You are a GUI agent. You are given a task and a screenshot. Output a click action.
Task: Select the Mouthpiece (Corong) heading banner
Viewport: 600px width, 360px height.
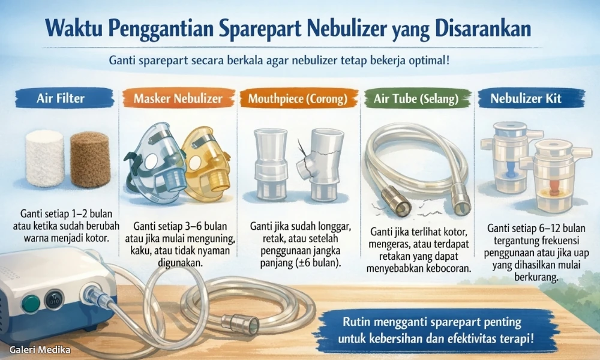pyautogui.click(x=298, y=98)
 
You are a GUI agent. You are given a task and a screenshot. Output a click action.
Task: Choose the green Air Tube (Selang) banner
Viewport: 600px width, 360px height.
pyautogui.click(x=415, y=98)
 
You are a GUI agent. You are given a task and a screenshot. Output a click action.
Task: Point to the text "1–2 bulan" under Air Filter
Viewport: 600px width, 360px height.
pyautogui.click(x=87, y=213)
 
